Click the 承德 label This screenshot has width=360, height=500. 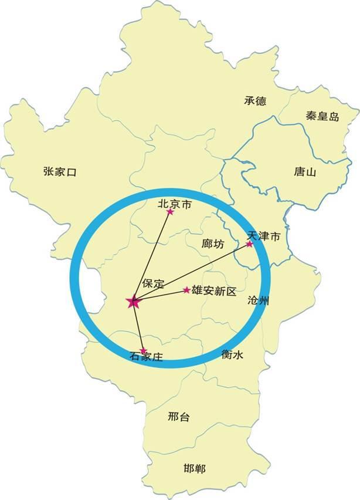[x=255, y=101]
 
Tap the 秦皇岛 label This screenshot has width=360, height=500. [x=322, y=116]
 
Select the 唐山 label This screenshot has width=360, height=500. [x=305, y=172]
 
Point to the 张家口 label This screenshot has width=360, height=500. [x=60, y=171]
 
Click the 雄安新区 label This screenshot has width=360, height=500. [x=214, y=291]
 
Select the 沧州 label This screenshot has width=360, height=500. [x=259, y=301]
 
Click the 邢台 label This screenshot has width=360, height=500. [x=178, y=417]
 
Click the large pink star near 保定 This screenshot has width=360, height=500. [x=133, y=302]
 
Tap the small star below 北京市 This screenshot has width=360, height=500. [x=170, y=212]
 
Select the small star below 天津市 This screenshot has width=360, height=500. [x=249, y=244]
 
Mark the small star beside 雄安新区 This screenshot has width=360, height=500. [x=186, y=290]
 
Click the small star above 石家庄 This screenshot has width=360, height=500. [x=142, y=350]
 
